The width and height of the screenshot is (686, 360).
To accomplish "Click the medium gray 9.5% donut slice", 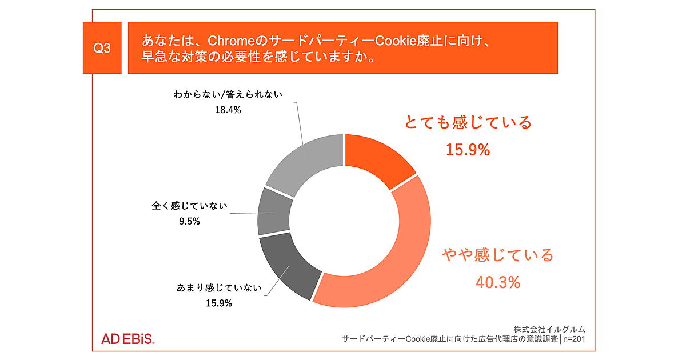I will coord(273,211).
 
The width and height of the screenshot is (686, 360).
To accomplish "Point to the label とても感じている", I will coord(468,122).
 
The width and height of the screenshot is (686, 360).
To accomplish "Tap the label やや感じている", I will coord(498,255).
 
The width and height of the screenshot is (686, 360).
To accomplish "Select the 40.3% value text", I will coord(498,282).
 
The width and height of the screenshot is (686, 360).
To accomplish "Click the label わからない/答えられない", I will coord(228,94).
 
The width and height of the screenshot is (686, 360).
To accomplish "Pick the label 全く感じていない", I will coord(189,206).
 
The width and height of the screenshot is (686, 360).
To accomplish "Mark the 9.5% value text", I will coord(189,221).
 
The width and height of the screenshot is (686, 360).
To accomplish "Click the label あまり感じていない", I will coord(219,288).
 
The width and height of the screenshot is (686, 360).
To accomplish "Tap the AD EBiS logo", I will coord(128,339).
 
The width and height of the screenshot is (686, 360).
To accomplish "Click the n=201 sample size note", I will coord(574,339).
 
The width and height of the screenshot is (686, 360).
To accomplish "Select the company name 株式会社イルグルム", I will coord(549,329).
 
